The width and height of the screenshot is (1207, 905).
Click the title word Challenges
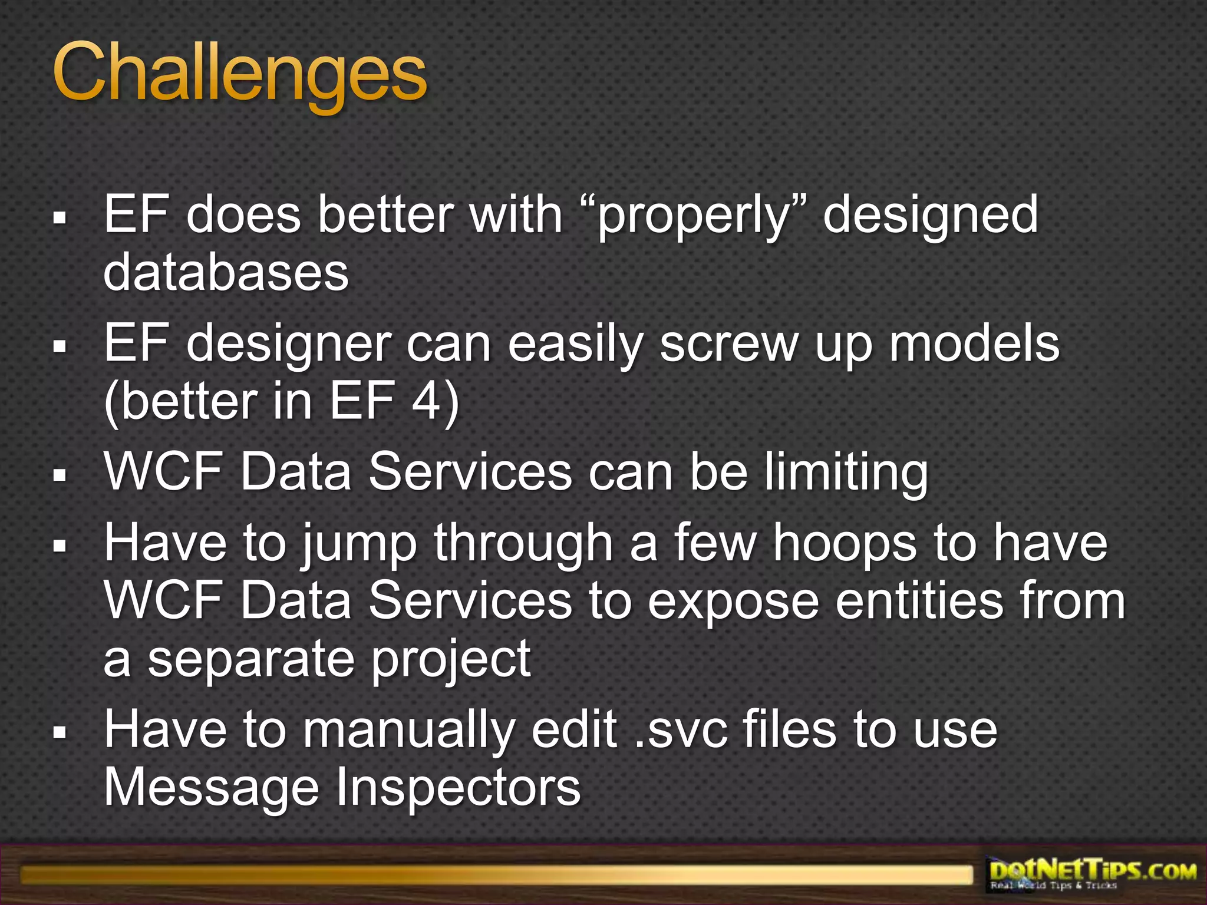tap(239, 74)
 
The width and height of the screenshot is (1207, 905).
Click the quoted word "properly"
tap(693, 216)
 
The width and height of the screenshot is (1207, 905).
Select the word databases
tap(226, 272)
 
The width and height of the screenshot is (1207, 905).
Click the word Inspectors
tap(458, 788)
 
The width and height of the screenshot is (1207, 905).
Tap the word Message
tap(211, 788)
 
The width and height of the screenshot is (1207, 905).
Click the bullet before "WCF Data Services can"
tap(59, 474)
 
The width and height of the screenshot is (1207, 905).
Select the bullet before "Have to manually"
tap(59, 732)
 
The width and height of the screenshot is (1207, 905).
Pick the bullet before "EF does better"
tap(59, 217)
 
